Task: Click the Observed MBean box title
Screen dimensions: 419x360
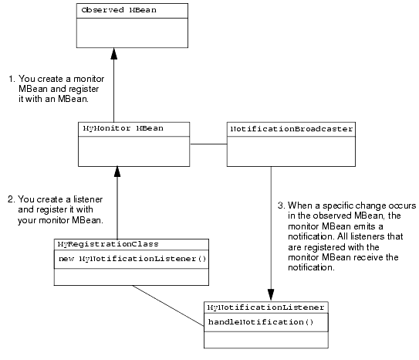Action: coord(119,10)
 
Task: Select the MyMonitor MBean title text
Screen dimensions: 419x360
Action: coord(123,129)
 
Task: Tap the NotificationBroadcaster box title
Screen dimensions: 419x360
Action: coord(292,129)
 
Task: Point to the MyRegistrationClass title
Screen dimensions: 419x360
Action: coord(108,244)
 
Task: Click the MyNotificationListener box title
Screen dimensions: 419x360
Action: coord(266,307)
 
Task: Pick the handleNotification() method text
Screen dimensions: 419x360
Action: coord(261,321)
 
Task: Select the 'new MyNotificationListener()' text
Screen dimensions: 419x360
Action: coord(132,259)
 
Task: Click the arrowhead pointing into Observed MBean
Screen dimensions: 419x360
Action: coord(114,53)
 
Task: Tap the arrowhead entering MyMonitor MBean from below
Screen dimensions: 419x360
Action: coord(117,172)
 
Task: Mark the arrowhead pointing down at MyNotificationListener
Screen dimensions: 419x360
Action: coord(271,295)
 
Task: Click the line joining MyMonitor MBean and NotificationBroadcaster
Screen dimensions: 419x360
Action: coord(208,144)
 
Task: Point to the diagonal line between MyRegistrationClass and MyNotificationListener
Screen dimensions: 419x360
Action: coord(168,306)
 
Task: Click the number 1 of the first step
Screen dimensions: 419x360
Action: coord(12,79)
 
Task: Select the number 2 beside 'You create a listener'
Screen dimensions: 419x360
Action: coord(11,199)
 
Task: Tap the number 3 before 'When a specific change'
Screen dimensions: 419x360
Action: coord(281,205)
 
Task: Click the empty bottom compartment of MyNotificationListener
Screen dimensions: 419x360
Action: coord(266,340)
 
